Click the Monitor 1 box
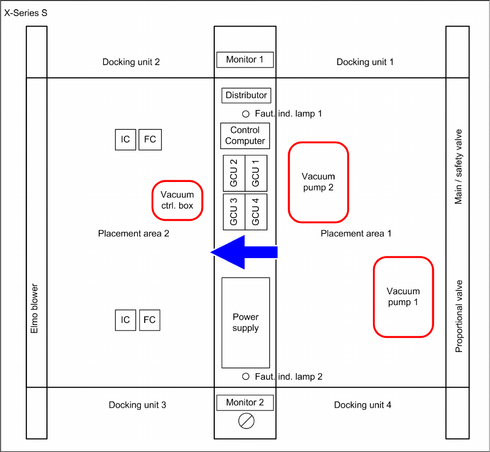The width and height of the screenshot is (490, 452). click(245, 59)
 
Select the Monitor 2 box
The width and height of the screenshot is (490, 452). click(245, 402)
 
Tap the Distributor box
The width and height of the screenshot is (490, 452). click(246, 96)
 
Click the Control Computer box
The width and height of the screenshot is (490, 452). click(245, 136)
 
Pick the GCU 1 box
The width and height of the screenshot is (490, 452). click(256, 173)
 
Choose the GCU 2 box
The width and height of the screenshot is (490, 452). click(234, 173)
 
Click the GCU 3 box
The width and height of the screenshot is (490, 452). click(234, 212)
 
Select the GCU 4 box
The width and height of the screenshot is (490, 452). click(256, 212)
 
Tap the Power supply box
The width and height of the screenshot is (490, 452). click(246, 322)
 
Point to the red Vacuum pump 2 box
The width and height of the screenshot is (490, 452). click(318, 182)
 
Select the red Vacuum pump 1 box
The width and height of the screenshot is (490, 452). click(403, 297)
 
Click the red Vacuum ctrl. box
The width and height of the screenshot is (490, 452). click(177, 200)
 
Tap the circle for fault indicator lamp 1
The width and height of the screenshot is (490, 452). click(246, 114)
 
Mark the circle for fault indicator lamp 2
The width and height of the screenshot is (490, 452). click(246, 376)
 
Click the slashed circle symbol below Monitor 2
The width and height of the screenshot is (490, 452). click(246, 421)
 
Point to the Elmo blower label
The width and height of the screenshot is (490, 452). click(35, 308)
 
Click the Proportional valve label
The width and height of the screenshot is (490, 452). click(459, 316)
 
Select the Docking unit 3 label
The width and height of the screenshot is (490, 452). click(137, 405)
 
